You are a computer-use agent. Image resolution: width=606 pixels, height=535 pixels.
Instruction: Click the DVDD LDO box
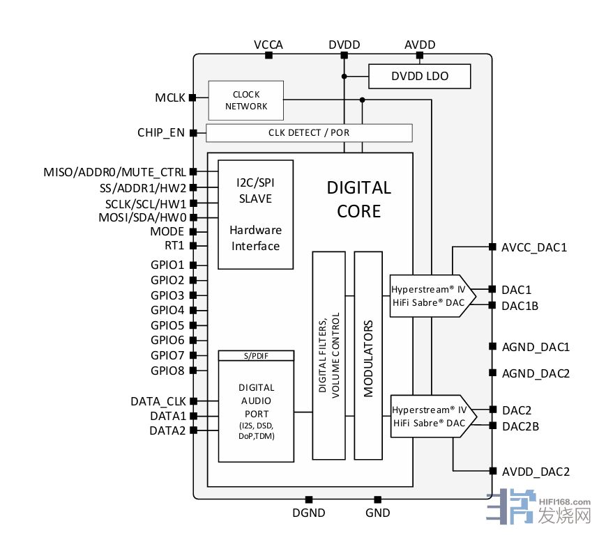click(x=419, y=76)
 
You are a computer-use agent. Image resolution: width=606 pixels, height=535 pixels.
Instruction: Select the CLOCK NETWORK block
click(x=246, y=100)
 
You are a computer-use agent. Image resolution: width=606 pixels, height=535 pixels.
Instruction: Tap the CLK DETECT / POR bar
click(x=309, y=132)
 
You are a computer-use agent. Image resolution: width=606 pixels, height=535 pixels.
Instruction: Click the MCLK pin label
click(x=170, y=98)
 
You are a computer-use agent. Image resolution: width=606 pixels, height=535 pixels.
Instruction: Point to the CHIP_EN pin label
click(x=161, y=132)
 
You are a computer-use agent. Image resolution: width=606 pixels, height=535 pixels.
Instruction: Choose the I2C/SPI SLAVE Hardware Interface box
click(x=255, y=214)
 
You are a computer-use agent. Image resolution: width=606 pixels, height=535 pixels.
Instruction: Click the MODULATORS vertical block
click(x=368, y=355)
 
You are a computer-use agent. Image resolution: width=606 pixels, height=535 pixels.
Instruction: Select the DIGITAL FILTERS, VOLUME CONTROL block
click(x=328, y=355)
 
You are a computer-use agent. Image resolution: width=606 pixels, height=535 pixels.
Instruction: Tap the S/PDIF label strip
click(x=256, y=355)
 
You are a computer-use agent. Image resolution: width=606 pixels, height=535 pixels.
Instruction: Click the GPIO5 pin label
click(x=167, y=325)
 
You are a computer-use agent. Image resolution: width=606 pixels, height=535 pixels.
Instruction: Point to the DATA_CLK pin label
click(x=158, y=401)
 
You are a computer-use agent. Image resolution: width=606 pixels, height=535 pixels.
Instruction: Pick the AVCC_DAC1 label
click(x=535, y=247)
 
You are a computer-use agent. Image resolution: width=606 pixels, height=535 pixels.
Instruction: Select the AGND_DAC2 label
click(x=536, y=373)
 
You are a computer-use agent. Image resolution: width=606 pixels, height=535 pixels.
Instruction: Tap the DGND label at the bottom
click(x=308, y=514)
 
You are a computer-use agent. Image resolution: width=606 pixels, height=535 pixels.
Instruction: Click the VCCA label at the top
click(x=268, y=45)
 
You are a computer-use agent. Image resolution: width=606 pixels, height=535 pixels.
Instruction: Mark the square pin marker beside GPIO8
click(x=192, y=371)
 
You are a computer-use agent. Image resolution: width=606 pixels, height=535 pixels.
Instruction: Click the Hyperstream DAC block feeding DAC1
click(x=430, y=295)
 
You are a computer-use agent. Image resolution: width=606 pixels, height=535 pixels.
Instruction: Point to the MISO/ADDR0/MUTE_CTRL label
click(x=114, y=171)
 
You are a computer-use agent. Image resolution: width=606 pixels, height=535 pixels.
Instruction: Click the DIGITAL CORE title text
click(x=358, y=199)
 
